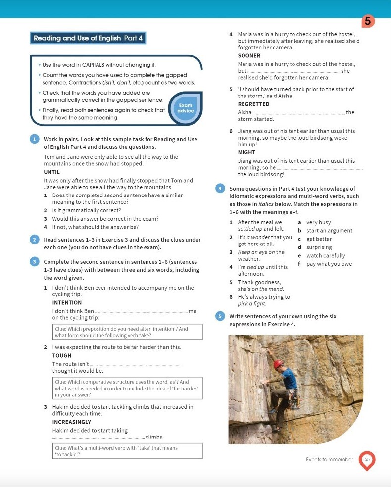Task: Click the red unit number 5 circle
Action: point(367,21)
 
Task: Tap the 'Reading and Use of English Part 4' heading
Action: point(88,38)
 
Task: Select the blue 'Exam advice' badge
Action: point(186,108)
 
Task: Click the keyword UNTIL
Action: point(52,172)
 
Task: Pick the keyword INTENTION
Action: point(67,303)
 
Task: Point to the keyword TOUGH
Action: point(62,356)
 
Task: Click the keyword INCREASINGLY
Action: point(72,422)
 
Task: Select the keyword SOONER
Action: point(249,56)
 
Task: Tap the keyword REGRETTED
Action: point(253,104)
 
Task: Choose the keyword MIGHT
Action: point(246,153)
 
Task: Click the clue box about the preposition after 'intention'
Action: point(127,332)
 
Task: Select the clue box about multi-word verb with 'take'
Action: point(127,451)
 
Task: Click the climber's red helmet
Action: point(278,364)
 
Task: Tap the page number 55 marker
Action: point(367,460)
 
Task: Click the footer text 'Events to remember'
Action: point(330,460)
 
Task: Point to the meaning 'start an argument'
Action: point(329,231)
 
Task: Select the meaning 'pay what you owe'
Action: point(329,264)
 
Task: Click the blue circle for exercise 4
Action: point(220,189)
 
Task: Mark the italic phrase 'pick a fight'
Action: point(252,304)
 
